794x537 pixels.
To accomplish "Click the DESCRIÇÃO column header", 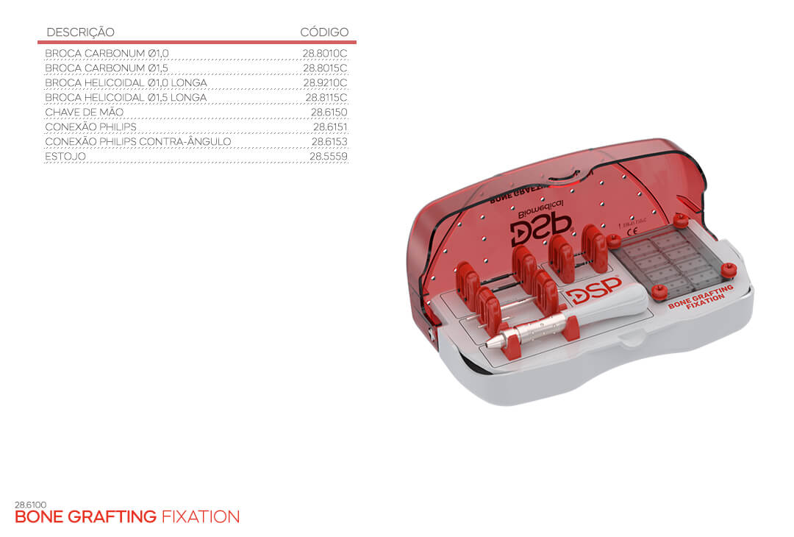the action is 81,32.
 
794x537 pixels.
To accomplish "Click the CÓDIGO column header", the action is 324,32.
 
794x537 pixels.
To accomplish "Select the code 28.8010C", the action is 325,53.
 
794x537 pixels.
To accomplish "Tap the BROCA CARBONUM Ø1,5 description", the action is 107,68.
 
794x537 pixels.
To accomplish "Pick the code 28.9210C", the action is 325,82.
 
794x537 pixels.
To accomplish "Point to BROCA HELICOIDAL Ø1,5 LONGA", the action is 126,97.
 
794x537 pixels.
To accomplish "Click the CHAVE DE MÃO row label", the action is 84,112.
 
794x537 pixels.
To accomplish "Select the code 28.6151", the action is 329,127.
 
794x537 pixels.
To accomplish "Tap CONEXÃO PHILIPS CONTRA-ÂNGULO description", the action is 137,141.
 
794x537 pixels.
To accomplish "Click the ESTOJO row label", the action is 65,157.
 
